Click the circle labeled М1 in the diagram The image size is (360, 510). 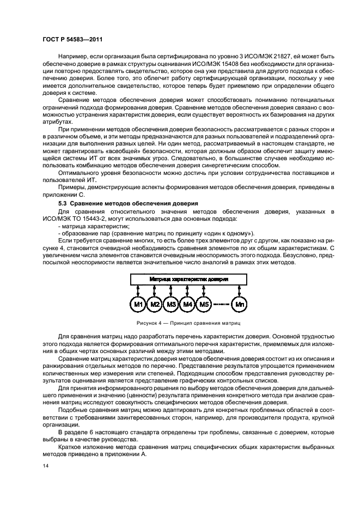click(x=138, y=303)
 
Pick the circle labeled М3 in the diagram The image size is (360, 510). click(x=171, y=303)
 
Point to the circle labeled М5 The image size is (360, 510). click(x=204, y=303)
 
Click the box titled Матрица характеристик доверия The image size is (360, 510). click(x=189, y=278)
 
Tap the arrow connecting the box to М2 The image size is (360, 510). click(x=155, y=290)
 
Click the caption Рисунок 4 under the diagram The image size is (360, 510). click(x=189, y=323)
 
